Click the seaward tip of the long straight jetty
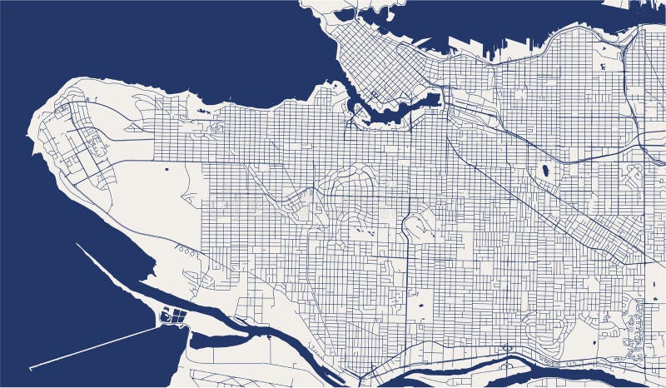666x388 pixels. click(31, 367)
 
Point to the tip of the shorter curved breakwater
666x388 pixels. click(77, 245)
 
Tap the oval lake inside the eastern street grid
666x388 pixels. click(545, 171)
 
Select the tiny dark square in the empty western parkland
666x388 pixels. click(167, 170)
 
